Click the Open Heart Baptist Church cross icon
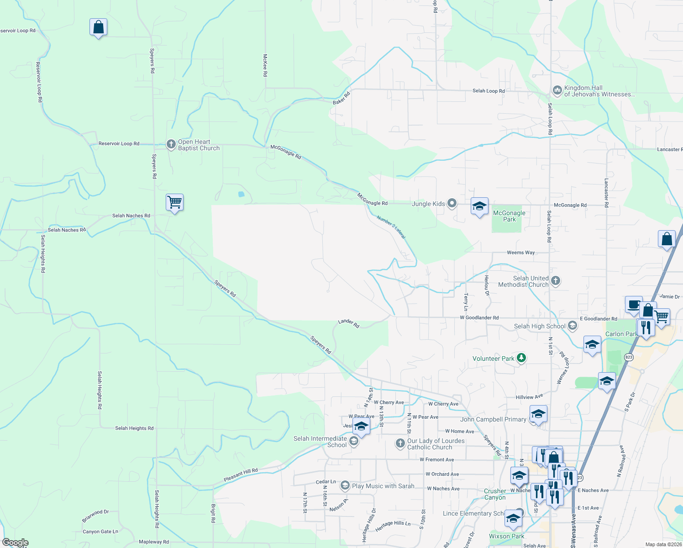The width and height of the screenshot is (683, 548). pyautogui.click(x=171, y=145)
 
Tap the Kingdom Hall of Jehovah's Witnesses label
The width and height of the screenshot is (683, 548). pyautogui.click(x=599, y=91)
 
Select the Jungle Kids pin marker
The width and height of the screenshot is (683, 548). pyautogui.click(x=452, y=203)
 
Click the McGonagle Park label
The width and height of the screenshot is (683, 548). pyautogui.click(x=509, y=216)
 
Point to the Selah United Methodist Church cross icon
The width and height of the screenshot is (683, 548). pyautogui.click(x=556, y=280)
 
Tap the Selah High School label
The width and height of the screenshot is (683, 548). pyautogui.click(x=540, y=326)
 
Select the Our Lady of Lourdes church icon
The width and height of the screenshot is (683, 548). pyautogui.click(x=400, y=443)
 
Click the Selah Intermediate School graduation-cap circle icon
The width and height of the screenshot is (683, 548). pyautogui.click(x=353, y=441)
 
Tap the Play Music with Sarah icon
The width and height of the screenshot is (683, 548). pyautogui.click(x=345, y=485)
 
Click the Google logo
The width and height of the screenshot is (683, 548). pyautogui.click(x=15, y=543)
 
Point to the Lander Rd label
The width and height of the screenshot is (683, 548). pyautogui.click(x=348, y=323)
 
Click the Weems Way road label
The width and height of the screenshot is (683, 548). pyautogui.click(x=520, y=253)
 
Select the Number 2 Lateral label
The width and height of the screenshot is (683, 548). pyautogui.click(x=391, y=227)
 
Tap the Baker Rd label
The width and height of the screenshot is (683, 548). pyautogui.click(x=341, y=98)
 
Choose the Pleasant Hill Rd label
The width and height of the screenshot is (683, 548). pyautogui.click(x=241, y=475)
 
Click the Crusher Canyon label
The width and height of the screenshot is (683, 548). pyautogui.click(x=495, y=494)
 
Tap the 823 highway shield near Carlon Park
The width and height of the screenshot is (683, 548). pyautogui.click(x=629, y=358)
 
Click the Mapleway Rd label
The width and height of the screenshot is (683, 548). pyautogui.click(x=154, y=542)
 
